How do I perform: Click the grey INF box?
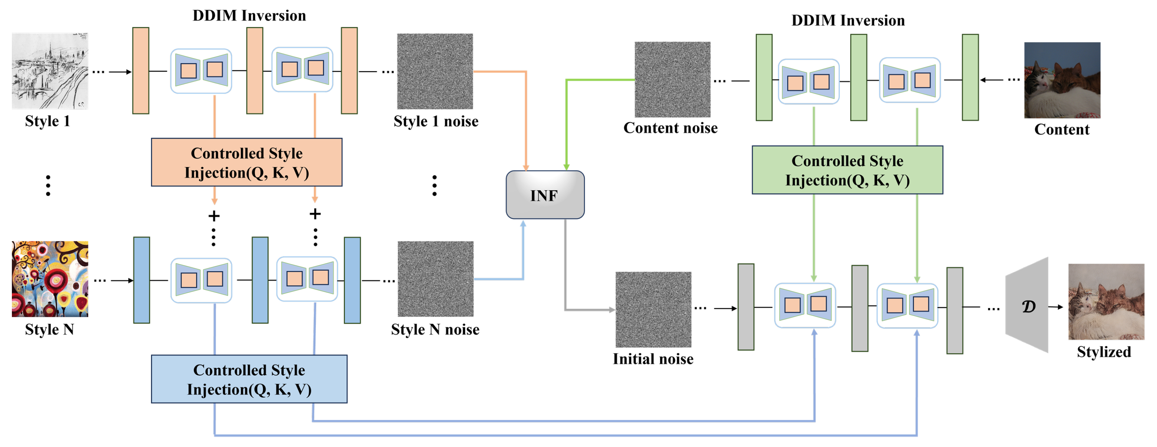[545, 195]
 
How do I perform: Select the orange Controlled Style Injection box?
[247, 162]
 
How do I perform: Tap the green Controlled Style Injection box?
[847, 170]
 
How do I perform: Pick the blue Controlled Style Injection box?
[249, 379]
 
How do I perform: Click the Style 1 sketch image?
[50, 71]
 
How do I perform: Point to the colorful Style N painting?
[50, 279]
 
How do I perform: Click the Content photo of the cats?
[1062, 80]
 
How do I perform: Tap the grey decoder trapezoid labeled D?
[1027, 305]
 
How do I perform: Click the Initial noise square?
[653, 309]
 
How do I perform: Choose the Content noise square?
[672, 79]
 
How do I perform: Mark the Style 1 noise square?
[435, 71]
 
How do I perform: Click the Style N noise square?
[435, 279]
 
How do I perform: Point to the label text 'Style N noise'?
[435, 330]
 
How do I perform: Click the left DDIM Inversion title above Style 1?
[249, 16]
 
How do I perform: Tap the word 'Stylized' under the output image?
[1104, 351]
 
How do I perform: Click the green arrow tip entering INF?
[566, 167]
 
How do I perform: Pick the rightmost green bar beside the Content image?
[970, 77]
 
